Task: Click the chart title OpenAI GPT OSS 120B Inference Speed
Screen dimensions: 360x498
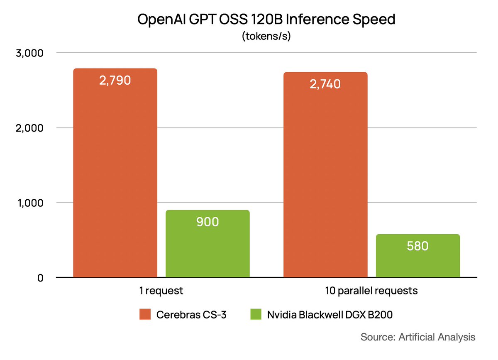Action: click(x=266, y=20)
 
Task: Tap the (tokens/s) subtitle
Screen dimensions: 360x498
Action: click(x=266, y=36)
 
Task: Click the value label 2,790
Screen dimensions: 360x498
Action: click(x=115, y=80)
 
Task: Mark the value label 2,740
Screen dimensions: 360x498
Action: click(x=325, y=84)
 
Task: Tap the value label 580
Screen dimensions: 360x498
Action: click(x=417, y=246)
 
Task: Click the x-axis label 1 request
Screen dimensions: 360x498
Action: click(x=161, y=291)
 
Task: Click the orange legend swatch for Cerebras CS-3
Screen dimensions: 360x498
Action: click(x=145, y=315)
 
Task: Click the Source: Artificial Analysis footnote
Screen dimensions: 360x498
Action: click(x=418, y=337)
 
